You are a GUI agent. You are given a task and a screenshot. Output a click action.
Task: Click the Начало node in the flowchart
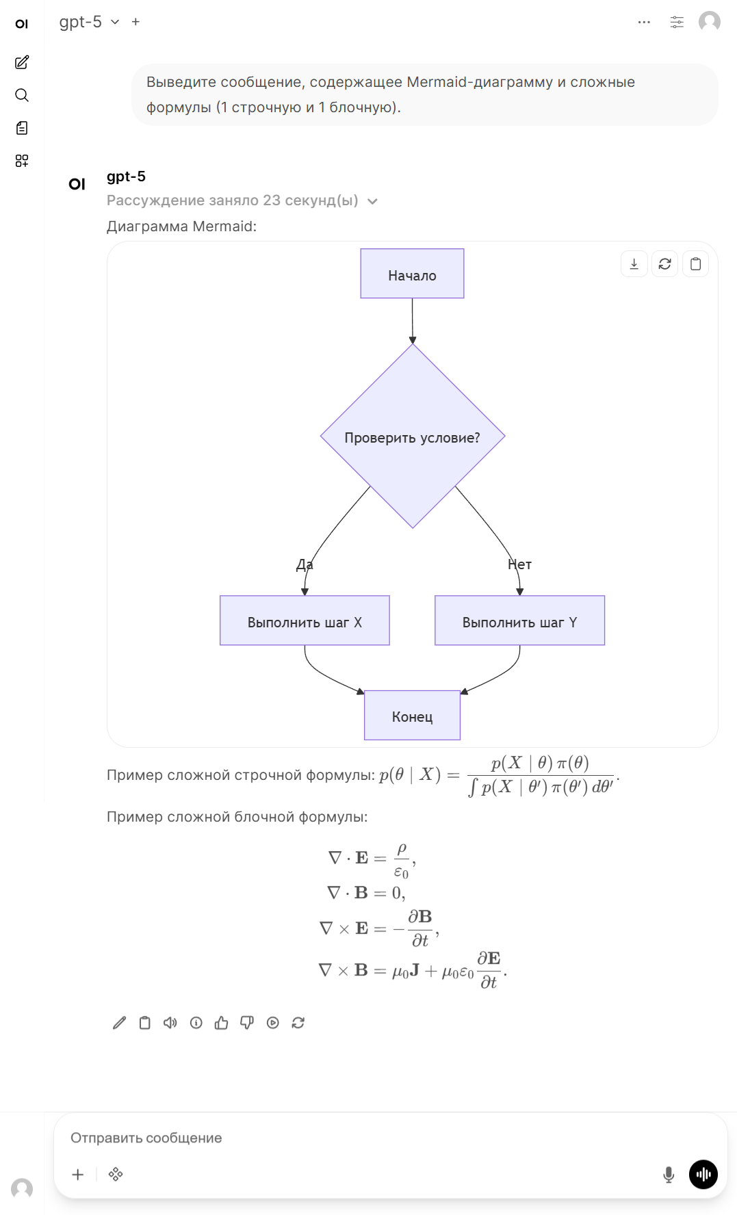pyautogui.click(x=412, y=274)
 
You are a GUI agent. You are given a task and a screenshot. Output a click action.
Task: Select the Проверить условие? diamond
pyautogui.click(x=413, y=436)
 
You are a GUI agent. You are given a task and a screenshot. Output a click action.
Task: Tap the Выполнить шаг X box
pyautogui.click(x=305, y=620)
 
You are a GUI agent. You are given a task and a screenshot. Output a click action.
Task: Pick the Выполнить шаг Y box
pyautogui.click(x=519, y=620)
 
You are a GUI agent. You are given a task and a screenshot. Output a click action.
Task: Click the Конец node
pyautogui.click(x=412, y=716)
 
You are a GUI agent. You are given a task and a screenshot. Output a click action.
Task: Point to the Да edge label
pyautogui.click(x=305, y=564)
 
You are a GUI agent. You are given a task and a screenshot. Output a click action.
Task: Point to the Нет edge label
pyautogui.click(x=520, y=564)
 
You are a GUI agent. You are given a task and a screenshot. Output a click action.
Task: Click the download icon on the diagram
pyautogui.click(x=634, y=264)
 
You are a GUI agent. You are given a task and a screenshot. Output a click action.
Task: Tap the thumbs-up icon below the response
pyautogui.click(x=221, y=1023)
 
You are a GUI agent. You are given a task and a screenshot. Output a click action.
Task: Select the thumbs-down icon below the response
pyautogui.click(x=247, y=1023)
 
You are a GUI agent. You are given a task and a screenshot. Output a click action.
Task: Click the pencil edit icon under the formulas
pyautogui.click(x=119, y=1023)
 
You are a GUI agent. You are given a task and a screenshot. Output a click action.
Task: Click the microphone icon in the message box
pyautogui.click(x=669, y=1175)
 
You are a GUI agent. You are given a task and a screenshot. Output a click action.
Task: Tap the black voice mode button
pyautogui.click(x=703, y=1175)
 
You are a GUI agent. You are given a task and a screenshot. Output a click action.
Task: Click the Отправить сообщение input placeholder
pyautogui.click(x=146, y=1138)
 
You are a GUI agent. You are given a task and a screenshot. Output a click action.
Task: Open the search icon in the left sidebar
pyautogui.click(x=22, y=95)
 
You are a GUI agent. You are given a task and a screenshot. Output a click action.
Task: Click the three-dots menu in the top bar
pyautogui.click(x=644, y=22)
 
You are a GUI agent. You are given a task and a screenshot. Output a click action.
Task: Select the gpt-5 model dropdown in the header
pyautogui.click(x=89, y=22)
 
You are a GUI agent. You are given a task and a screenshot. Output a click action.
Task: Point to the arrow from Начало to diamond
pyautogui.click(x=413, y=321)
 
